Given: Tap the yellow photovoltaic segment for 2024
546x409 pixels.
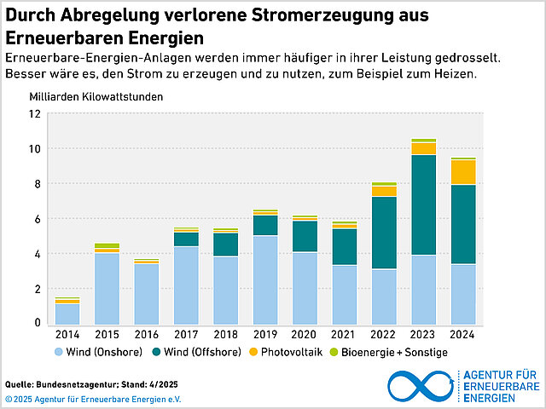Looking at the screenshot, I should (463, 172).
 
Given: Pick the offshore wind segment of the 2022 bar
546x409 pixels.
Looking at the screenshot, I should (384, 233).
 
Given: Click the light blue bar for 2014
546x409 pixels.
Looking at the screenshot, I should (67, 314).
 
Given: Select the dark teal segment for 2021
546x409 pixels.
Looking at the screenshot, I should (344, 246).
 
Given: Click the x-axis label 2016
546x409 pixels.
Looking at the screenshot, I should (146, 335).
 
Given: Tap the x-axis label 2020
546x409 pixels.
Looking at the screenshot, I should (305, 335).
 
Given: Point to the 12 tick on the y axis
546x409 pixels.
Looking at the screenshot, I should (35, 113).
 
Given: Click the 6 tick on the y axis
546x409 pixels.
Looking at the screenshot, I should (38, 219).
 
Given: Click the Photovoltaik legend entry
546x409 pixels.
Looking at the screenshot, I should (287, 352).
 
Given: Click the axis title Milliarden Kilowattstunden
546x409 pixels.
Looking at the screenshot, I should (96, 95).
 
